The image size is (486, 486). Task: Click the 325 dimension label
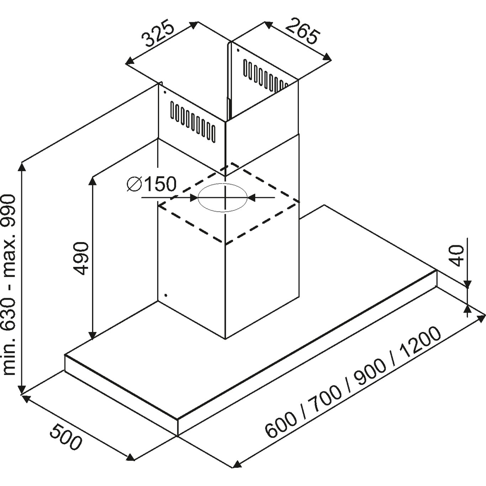(158, 36)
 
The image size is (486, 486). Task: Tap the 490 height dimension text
(81, 259)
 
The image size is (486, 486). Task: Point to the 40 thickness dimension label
(457, 256)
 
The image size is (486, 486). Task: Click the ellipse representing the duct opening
(222, 197)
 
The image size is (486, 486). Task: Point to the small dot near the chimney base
(166, 295)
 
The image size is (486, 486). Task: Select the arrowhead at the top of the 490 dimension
(93, 183)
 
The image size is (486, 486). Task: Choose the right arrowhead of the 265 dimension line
(327, 57)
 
